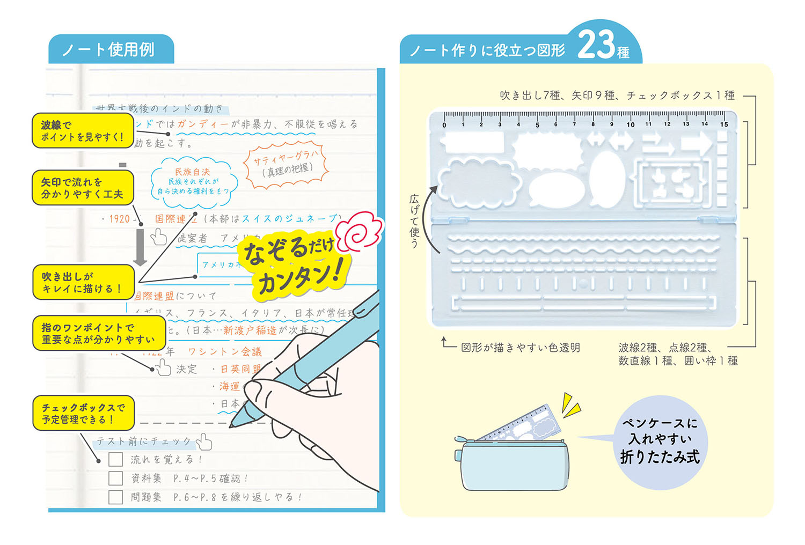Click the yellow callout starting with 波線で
83,131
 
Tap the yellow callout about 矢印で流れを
83,188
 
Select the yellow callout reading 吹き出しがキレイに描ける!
83,282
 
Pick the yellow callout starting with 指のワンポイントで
99,333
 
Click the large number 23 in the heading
596,45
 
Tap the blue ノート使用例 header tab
109,50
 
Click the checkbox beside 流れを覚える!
115,460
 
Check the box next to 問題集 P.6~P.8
115,497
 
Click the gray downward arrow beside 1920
140,247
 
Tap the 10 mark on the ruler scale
630,124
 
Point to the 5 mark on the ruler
537,124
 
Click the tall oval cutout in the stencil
608,178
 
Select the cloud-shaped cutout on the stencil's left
479,182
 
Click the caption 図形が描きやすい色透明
521,348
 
